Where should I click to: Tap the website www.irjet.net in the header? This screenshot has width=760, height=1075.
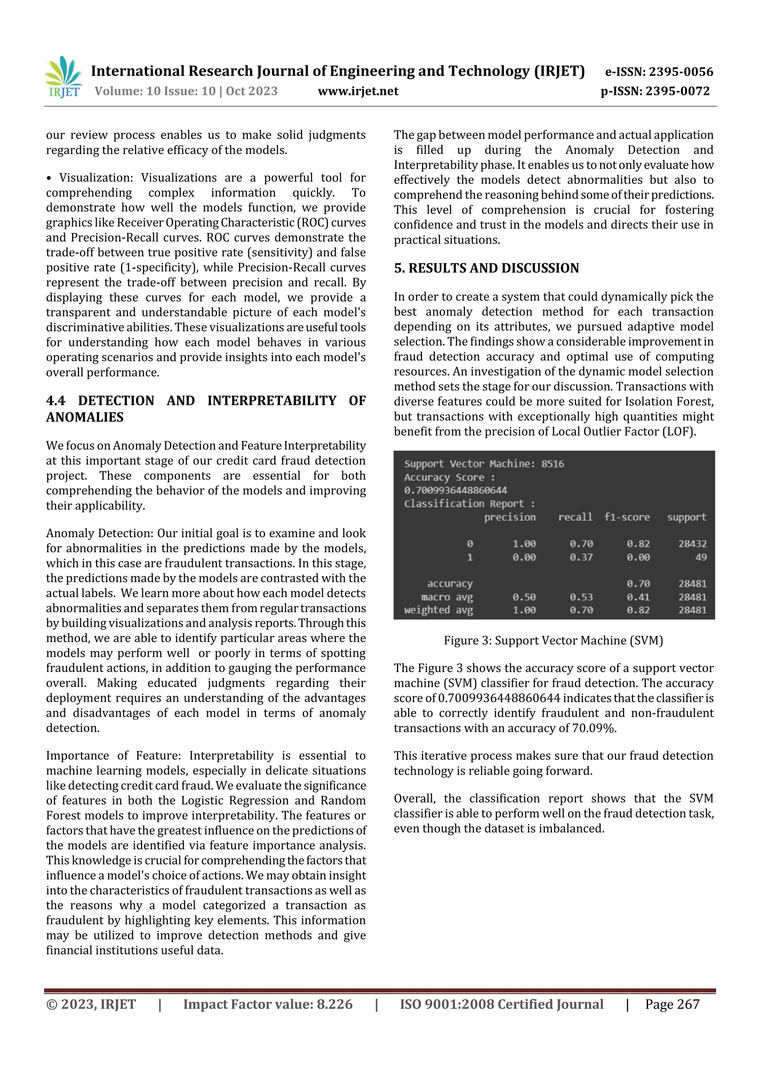(x=358, y=91)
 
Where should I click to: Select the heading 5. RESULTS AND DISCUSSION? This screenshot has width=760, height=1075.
(x=486, y=268)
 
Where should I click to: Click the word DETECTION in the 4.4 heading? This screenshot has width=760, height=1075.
(x=116, y=401)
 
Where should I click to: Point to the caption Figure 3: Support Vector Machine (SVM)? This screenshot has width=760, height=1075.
(x=553, y=640)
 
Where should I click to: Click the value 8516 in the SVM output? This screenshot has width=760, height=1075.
(x=553, y=464)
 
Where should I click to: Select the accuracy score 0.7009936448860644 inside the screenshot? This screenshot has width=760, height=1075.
(x=455, y=490)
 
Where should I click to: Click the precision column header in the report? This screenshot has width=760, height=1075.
(x=510, y=517)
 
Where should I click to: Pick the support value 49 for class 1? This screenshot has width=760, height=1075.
(x=701, y=557)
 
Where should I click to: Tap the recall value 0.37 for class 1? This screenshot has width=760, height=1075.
(x=581, y=557)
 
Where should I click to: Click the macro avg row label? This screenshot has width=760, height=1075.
(x=447, y=597)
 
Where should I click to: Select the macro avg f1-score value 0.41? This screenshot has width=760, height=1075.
(x=638, y=597)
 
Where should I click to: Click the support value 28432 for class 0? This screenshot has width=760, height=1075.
(x=692, y=544)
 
